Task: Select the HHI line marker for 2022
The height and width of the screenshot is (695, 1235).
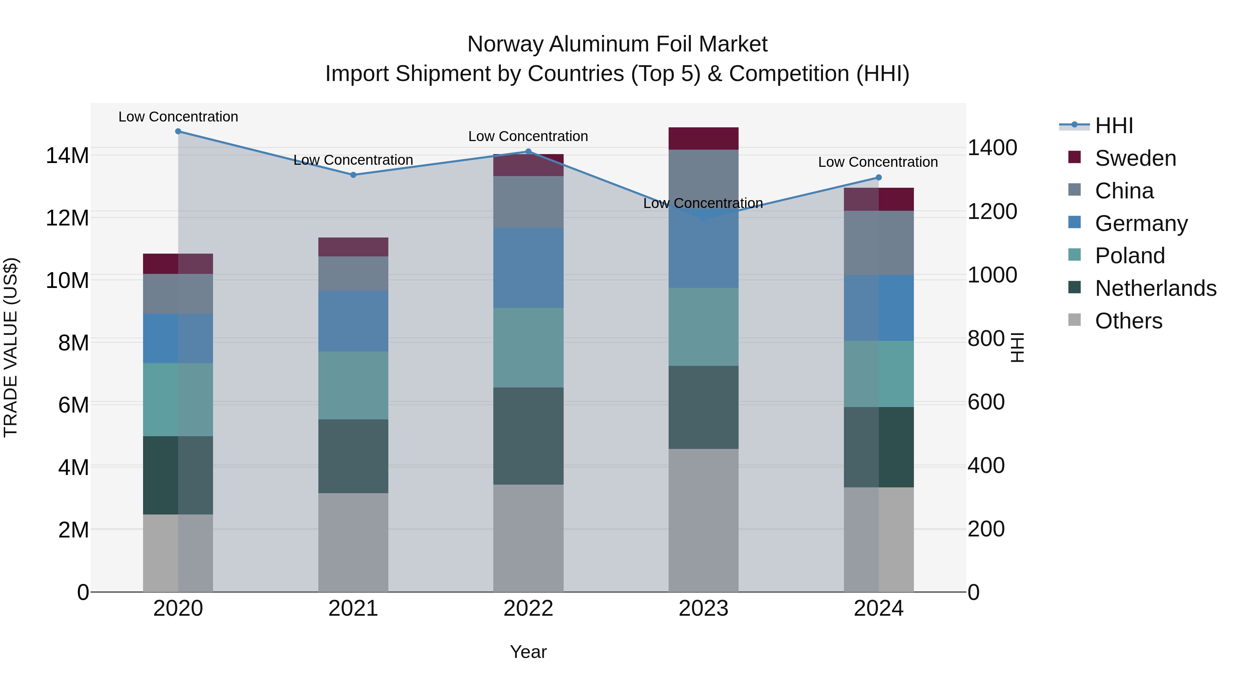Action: click(x=528, y=152)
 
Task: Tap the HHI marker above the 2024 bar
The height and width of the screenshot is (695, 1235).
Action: click(x=878, y=177)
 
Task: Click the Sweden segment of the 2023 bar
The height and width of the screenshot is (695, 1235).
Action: click(x=703, y=139)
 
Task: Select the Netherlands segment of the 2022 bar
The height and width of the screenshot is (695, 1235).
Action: click(x=528, y=436)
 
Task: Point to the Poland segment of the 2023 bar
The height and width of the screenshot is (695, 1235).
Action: click(x=703, y=327)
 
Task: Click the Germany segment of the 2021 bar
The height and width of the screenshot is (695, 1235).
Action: click(x=353, y=321)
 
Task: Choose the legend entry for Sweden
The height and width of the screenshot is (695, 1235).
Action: click(x=1135, y=158)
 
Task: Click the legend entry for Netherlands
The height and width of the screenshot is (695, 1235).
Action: click(x=1155, y=288)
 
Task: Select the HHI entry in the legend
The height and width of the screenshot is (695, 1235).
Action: click(x=1114, y=126)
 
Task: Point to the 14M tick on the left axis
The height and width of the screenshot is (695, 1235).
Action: click(x=67, y=156)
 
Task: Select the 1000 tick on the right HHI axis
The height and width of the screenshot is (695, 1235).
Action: click(x=992, y=275)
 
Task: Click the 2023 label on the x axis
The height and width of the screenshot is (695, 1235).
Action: click(x=703, y=609)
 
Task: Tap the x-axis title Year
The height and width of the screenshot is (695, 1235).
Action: click(x=528, y=652)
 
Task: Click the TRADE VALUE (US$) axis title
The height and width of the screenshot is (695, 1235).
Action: click(x=11, y=347)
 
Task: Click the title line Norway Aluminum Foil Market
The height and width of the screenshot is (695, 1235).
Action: click(x=617, y=44)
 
